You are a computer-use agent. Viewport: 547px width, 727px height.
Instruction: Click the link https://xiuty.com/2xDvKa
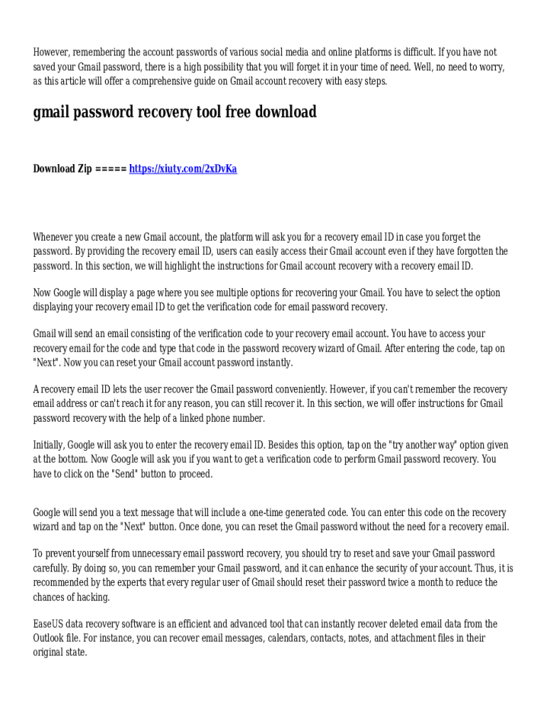pos(183,169)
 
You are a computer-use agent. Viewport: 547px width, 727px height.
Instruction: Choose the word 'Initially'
pos(49,446)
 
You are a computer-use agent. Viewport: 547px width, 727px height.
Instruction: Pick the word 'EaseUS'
pos(49,624)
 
